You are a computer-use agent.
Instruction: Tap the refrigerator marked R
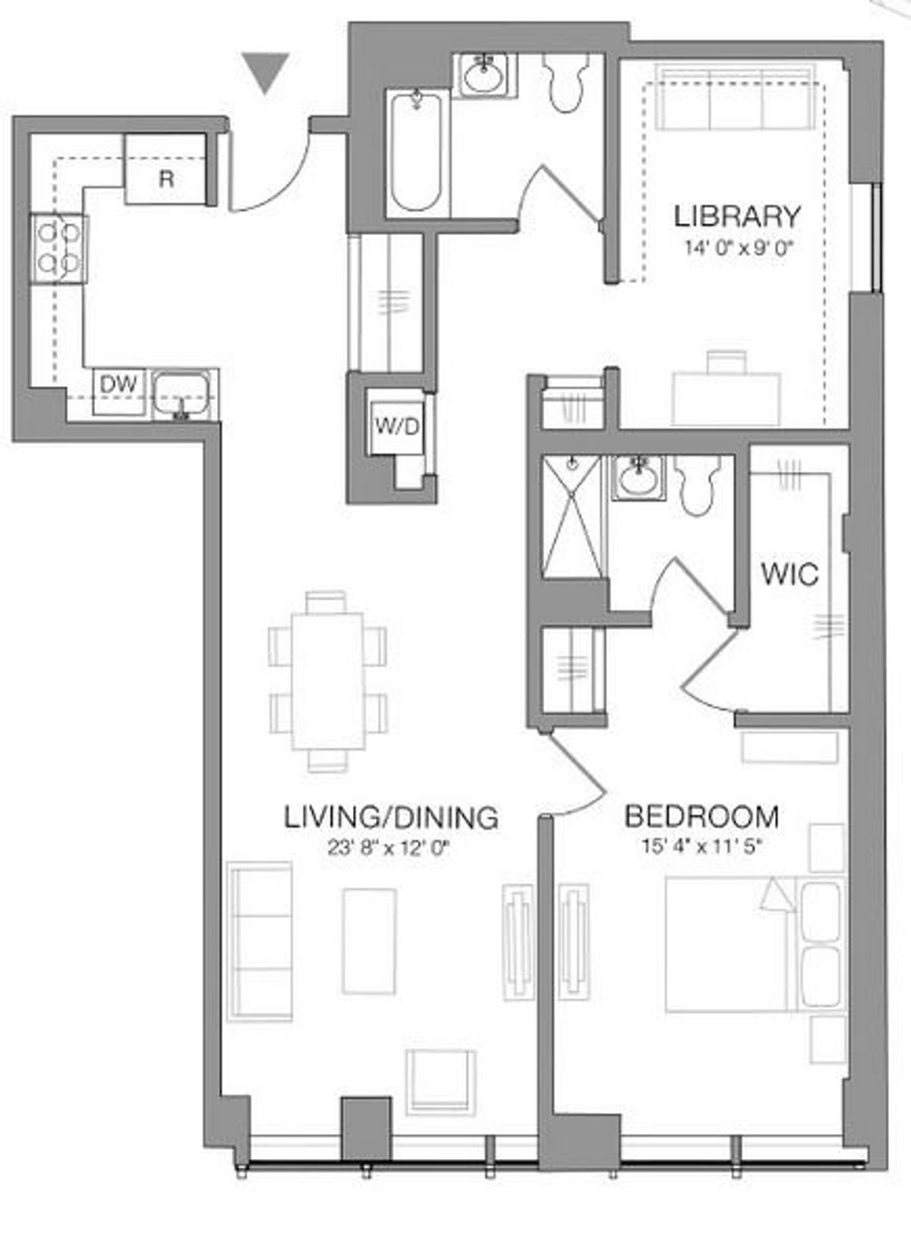165,169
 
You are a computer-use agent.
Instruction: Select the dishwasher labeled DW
118,392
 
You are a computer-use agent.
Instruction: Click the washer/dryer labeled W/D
396,427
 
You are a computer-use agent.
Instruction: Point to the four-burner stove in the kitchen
58,249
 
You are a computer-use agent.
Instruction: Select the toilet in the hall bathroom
567,82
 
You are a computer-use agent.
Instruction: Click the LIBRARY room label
737,216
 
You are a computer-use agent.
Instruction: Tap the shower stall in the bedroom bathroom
572,516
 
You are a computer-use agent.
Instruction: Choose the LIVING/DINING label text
391,817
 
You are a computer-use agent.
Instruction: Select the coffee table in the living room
369,941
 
